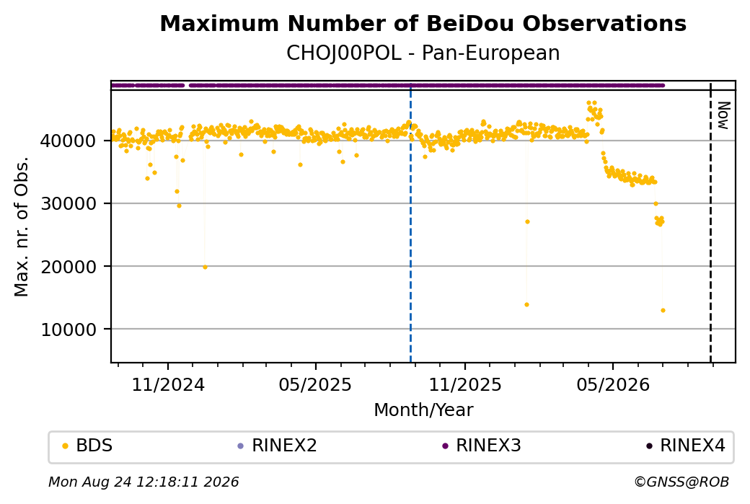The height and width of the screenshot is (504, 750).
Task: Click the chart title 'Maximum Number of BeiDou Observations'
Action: coord(423,23)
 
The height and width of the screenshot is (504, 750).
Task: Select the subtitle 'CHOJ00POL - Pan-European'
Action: coord(423,53)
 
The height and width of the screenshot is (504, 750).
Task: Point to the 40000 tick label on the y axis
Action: coord(69,141)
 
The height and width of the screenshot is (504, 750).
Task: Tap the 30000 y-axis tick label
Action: coord(69,204)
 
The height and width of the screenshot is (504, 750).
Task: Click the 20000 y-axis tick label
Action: coord(69,267)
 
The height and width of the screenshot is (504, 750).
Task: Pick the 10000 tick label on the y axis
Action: coord(69,330)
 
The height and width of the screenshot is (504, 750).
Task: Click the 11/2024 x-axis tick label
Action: coord(168,385)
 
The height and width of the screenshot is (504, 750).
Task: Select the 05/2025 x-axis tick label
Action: coord(315,385)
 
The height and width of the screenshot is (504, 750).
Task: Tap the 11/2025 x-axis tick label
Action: coord(465,385)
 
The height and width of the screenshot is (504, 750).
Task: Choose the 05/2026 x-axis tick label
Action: coord(613,385)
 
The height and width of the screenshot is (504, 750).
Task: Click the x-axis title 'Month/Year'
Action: coord(423,410)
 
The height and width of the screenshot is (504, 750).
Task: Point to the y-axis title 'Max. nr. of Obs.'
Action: coord(22,226)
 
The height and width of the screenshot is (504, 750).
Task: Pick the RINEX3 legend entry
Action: coord(482,446)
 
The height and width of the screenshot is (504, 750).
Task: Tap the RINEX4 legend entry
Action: coord(686,446)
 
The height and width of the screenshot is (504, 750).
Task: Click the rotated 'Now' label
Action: coord(723,115)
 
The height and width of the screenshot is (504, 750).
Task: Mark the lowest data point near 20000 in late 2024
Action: coord(206,268)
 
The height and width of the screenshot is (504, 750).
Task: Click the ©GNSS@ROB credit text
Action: coord(681,482)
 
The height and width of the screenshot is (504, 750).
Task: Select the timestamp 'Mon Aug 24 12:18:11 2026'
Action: coord(144,482)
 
